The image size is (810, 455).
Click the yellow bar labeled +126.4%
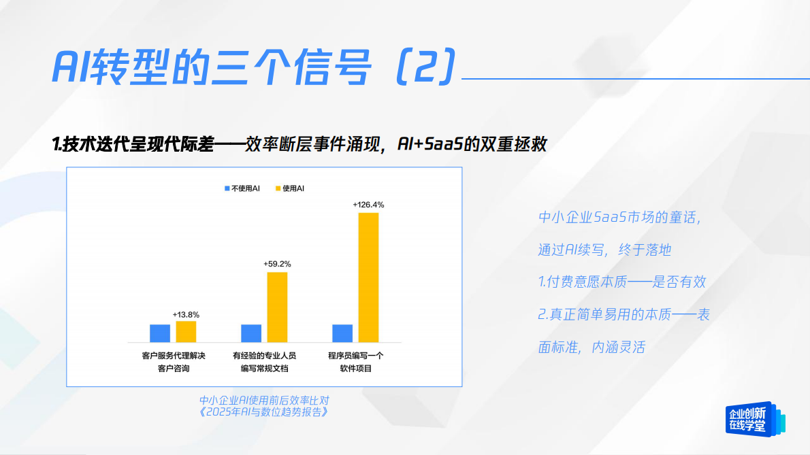(368, 277)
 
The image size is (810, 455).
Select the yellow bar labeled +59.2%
(277, 307)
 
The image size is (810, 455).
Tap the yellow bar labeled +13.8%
(186, 331)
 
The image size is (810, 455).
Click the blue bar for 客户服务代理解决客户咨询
(160, 333)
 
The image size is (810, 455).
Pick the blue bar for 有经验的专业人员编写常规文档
(251, 333)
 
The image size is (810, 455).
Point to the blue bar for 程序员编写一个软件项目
(342, 333)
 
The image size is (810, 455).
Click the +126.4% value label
(368, 204)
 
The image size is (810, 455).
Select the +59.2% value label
(277, 263)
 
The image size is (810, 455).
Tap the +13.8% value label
(186, 314)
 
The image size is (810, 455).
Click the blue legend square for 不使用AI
(227, 188)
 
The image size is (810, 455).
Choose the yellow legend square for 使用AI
(278, 188)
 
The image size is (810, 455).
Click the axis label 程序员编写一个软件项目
(356, 362)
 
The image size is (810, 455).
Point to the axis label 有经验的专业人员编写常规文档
(265, 362)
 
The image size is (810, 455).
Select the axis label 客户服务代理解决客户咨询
(174, 362)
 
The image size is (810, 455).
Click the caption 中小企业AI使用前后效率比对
(264, 400)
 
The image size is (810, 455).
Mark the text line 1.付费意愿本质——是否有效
(622, 282)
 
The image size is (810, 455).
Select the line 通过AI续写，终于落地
(604, 250)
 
